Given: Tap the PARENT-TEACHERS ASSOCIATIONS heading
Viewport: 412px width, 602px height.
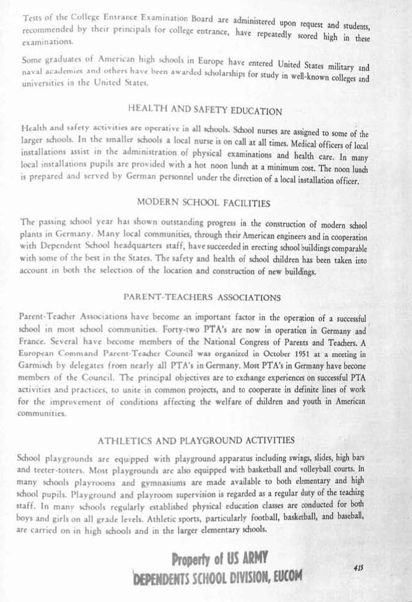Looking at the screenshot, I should click(206, 297).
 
